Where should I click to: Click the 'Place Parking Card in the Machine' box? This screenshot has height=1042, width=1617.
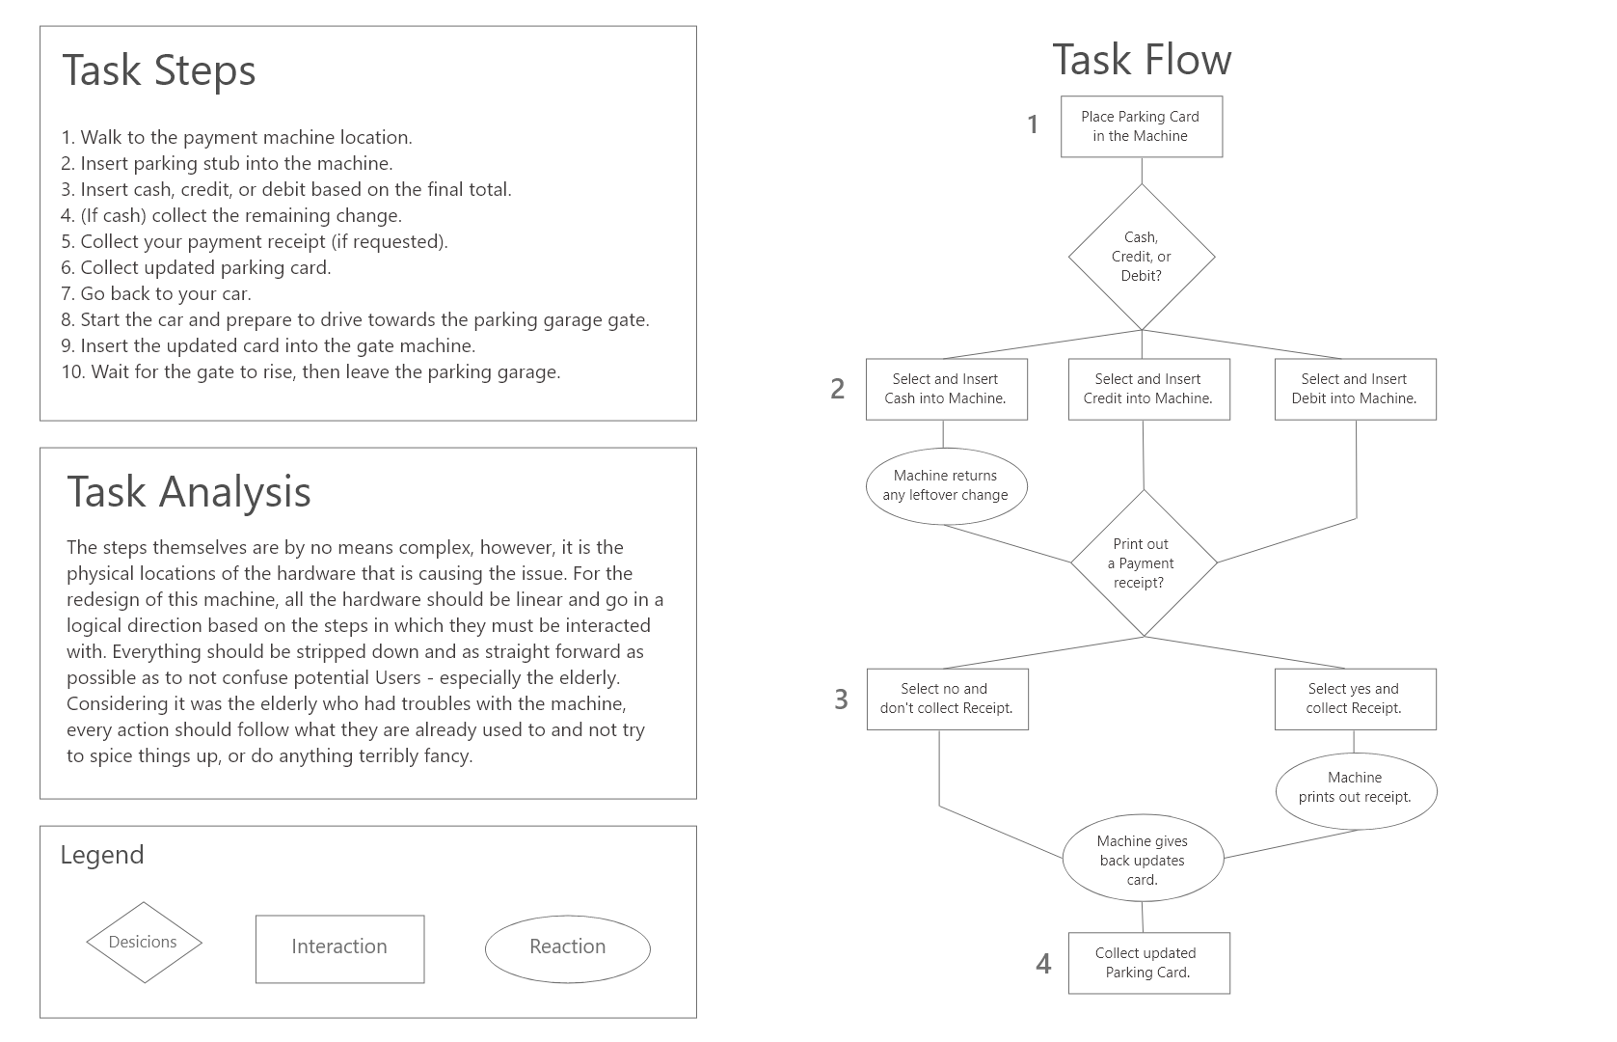[1142, 126]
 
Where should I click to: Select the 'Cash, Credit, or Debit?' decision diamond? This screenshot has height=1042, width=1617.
[1142, 257]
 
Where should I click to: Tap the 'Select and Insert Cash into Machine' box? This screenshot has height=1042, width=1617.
[946, 389]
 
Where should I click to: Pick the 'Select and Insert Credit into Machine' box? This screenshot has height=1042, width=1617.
[1149, 389]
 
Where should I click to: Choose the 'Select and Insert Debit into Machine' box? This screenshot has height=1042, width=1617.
[1355, 389]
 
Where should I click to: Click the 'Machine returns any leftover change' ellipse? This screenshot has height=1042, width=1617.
[946, 486]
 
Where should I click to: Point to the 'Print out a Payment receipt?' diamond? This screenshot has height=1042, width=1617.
[1144, 563]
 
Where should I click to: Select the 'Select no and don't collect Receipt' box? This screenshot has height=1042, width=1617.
[947, 699]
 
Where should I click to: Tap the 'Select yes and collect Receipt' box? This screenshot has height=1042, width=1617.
[1355, 699]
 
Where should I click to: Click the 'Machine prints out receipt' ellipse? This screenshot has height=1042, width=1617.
[1356, 791]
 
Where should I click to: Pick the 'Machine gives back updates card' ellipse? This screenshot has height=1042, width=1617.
[1143, 858]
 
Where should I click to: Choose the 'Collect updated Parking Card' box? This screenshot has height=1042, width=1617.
[1149, 963]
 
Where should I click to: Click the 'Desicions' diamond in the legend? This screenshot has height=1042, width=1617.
[144, 943]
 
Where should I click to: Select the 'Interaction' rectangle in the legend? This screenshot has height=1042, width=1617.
[340, 948]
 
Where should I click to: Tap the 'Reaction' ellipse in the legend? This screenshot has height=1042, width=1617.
[567, 948]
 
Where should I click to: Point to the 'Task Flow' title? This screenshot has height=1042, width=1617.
[1142, 59]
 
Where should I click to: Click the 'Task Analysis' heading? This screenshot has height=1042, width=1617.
[188, 492]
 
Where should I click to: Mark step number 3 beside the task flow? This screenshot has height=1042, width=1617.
[841, 699]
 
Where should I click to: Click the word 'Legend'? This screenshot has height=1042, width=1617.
[102, 855]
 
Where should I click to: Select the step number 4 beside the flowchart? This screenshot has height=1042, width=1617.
[1043, 963]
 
